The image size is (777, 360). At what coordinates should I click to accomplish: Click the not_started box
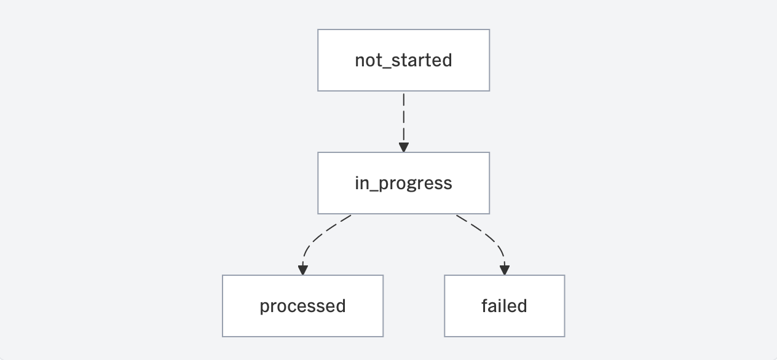pos(403,60)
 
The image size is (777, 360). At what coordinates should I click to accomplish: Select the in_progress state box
pos(403,183)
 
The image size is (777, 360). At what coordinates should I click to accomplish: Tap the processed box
pos(303,306)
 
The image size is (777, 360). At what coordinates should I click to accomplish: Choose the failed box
pos(504,306)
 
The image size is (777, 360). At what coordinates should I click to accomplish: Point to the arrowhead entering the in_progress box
pos(403,147)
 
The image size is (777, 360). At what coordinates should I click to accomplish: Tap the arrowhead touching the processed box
pos(303,270)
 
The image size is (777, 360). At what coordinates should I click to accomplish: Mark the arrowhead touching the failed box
pos(504,270)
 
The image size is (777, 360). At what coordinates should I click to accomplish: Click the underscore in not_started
pos(387,68)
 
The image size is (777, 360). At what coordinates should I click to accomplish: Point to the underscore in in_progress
pos(373,190)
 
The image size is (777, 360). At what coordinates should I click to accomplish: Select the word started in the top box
pos(422,60)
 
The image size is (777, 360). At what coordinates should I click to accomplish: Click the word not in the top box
pos(368,61)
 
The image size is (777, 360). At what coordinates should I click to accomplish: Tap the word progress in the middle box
pos(415,184)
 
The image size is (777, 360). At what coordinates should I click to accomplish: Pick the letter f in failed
pos(485,305)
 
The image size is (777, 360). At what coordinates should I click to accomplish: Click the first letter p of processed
pos(264,308)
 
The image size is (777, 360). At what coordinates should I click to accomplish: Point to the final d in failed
pos(522,305)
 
